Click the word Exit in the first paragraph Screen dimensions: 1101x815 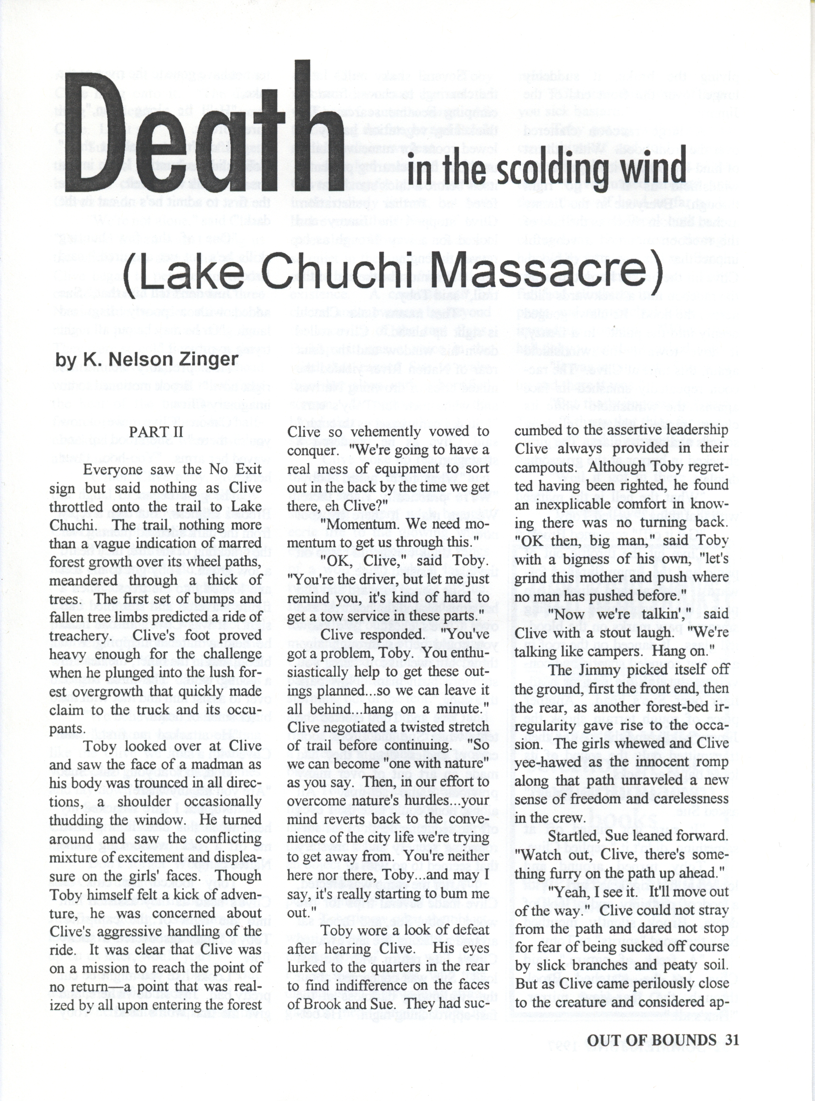(246, 469)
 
